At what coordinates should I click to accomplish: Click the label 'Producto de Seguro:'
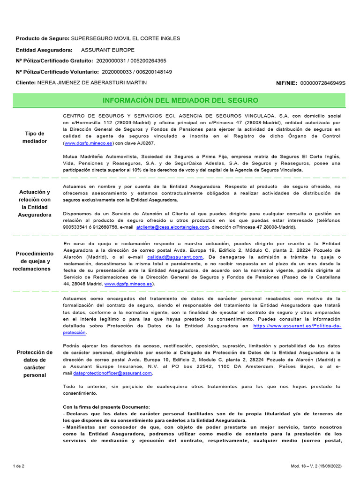click(x=42, y=38)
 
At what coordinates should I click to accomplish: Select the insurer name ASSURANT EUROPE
click(x=107, y=50)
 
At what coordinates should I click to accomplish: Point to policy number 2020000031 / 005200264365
click(x=131, y=61)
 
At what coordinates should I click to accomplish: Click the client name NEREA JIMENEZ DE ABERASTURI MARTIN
click(x=92, y=82)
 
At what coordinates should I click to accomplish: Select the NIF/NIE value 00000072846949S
click(x=322, y=83)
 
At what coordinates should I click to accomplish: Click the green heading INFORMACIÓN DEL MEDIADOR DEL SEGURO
click(x=180, y=100)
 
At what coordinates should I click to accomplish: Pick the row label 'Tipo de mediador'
click(x=36, y=137)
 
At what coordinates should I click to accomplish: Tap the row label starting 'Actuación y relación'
click(x=36, y=203)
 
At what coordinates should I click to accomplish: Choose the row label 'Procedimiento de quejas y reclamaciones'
click(x=36, y=261)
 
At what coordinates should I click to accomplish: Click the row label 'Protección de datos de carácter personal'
click(x=36, y=363)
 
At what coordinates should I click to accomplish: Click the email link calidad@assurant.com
click(x=175, y=257)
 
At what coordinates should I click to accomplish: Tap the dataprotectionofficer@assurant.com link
click(x=113, y=373)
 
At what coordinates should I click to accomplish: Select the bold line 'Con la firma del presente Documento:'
click(x=106, y=406)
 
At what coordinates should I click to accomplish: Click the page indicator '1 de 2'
click(x=19, y=466)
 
